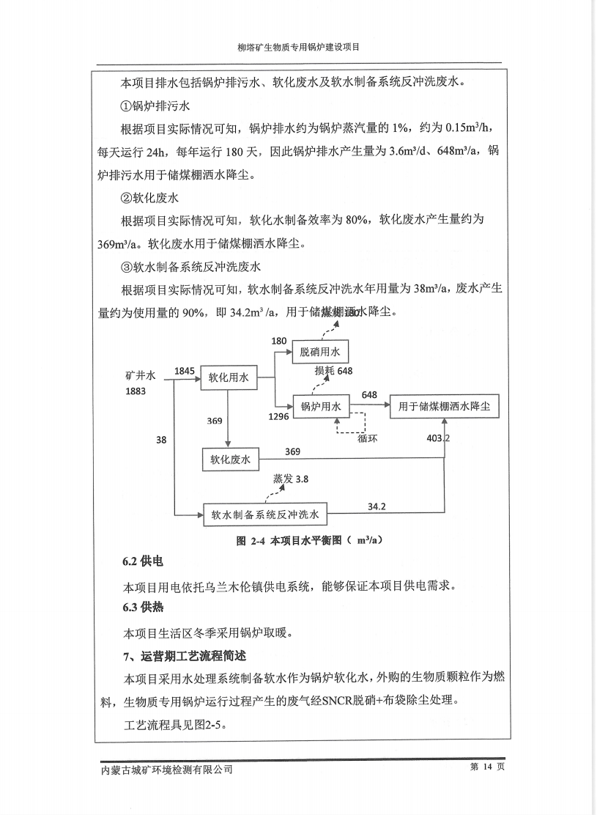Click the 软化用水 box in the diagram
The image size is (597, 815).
229,378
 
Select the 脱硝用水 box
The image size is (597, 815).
321,352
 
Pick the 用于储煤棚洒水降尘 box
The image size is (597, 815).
444,407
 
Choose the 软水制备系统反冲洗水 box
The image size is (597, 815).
265,515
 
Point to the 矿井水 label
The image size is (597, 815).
141,375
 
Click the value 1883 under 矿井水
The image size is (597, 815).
136,391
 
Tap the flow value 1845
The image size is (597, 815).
185,372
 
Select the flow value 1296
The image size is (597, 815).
278,417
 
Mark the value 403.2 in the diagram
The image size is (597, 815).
438,438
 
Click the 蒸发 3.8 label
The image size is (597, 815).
291,479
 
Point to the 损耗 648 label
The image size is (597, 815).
333,371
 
